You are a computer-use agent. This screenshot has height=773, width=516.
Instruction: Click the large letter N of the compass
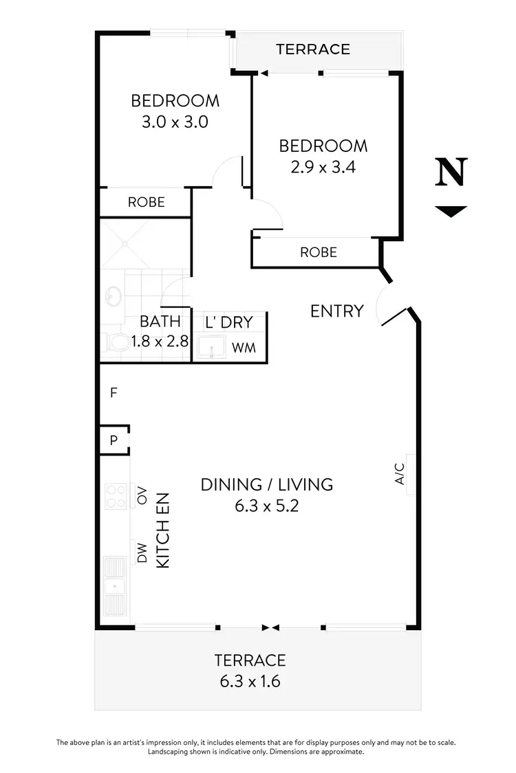point(451,172)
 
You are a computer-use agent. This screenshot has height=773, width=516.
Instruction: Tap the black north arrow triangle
point(451,211)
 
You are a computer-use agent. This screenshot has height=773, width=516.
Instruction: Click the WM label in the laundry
point(244,348)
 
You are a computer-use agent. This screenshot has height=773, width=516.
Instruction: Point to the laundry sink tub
point(210,348)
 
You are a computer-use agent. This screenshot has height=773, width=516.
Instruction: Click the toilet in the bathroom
point(117,341)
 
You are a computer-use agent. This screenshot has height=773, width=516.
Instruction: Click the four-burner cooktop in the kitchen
point(115,495)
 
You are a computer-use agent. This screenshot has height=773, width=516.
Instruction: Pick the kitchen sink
point(114,586)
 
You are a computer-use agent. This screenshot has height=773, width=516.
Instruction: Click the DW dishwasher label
point(142,554)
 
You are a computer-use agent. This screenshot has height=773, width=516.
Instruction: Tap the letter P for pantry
point(114,440)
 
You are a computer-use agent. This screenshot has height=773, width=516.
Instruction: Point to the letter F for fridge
point(114,393)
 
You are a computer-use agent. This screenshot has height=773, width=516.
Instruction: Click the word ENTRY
point(336,311)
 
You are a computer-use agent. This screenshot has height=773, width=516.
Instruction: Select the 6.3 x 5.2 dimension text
point(267,507)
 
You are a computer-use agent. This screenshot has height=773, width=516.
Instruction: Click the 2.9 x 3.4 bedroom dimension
point(323,167)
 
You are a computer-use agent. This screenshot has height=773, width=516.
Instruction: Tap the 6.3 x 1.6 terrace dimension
point(250,682)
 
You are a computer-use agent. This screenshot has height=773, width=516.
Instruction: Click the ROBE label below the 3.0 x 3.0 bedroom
point(147,202)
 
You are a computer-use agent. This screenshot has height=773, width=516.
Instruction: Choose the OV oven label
point(142,495)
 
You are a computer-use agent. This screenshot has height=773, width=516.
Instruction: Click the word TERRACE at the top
point(313,49)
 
